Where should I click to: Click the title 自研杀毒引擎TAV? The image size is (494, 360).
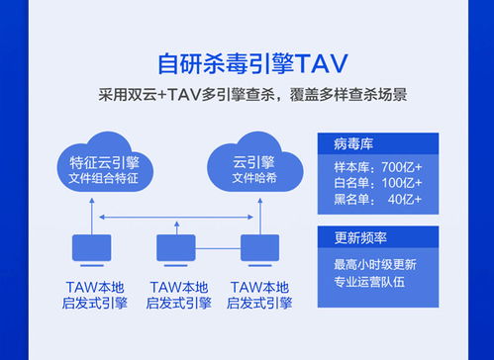pyautogui.click(x=247, y=62)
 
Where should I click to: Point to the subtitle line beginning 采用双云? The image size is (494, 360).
pyautogui.click(x=247, y=96)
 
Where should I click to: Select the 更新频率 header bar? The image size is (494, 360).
pyautogui.click(x=377, y=238)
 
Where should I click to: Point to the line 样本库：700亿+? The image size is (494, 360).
pyautogui.click(x=377, y=164)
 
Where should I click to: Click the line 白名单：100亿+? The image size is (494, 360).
pyautogui.click(x=377, y=182)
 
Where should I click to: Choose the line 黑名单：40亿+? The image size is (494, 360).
pyautogui.click(x=377, y=200)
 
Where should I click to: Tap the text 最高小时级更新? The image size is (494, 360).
pyautogui.click(x=377, y=265)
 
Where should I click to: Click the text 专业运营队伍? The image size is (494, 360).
pyautogui.click(x=377, y=283)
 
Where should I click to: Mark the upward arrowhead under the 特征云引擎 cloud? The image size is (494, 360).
pyautogui.click(x=90, y=201)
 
